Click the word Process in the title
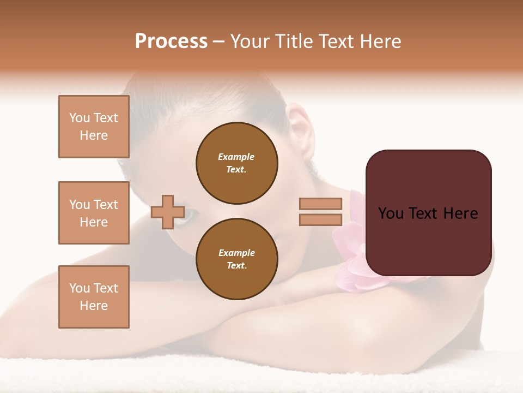tap(171, 41)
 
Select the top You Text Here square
tap(94, 127)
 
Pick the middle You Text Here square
tap(94, 213)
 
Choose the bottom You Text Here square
tap(94, 297)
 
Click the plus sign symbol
tap(167, 212)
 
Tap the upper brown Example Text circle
tap(237, 163)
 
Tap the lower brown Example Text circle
tap(237, 259)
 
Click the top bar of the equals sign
tap(320, 204)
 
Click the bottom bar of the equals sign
tap(320, 219)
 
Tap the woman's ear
tap(301, 131)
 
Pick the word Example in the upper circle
tap(236, 157)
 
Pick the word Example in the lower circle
tap(236, 253)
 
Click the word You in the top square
tap(79, 118)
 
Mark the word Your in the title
tap(251, 41)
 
